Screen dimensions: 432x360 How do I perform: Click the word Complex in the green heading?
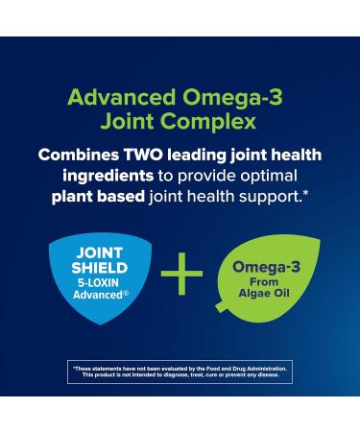point(216,122)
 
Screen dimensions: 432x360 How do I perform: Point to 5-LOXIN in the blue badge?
point(97,283)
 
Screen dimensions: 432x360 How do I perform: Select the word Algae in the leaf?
point(252,293)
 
